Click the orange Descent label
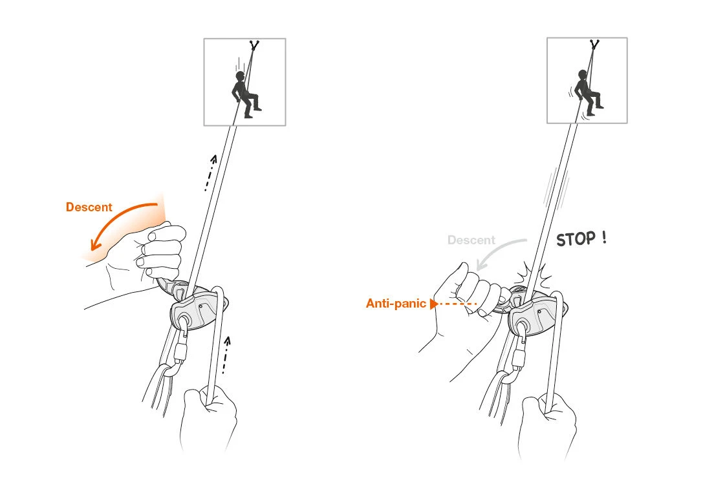click(x=89, y=207)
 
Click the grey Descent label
click(x=471, y=240)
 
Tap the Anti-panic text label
click(x=395, y=303)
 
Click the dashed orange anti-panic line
click(x=457, y=303)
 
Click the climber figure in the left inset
click(x=244, y=94)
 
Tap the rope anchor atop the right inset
click(x=594, y=45)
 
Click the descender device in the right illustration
click(x=534, y=313)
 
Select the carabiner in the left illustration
click(x=177, y=353)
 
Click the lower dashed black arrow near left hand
click(x=225, y=355)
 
